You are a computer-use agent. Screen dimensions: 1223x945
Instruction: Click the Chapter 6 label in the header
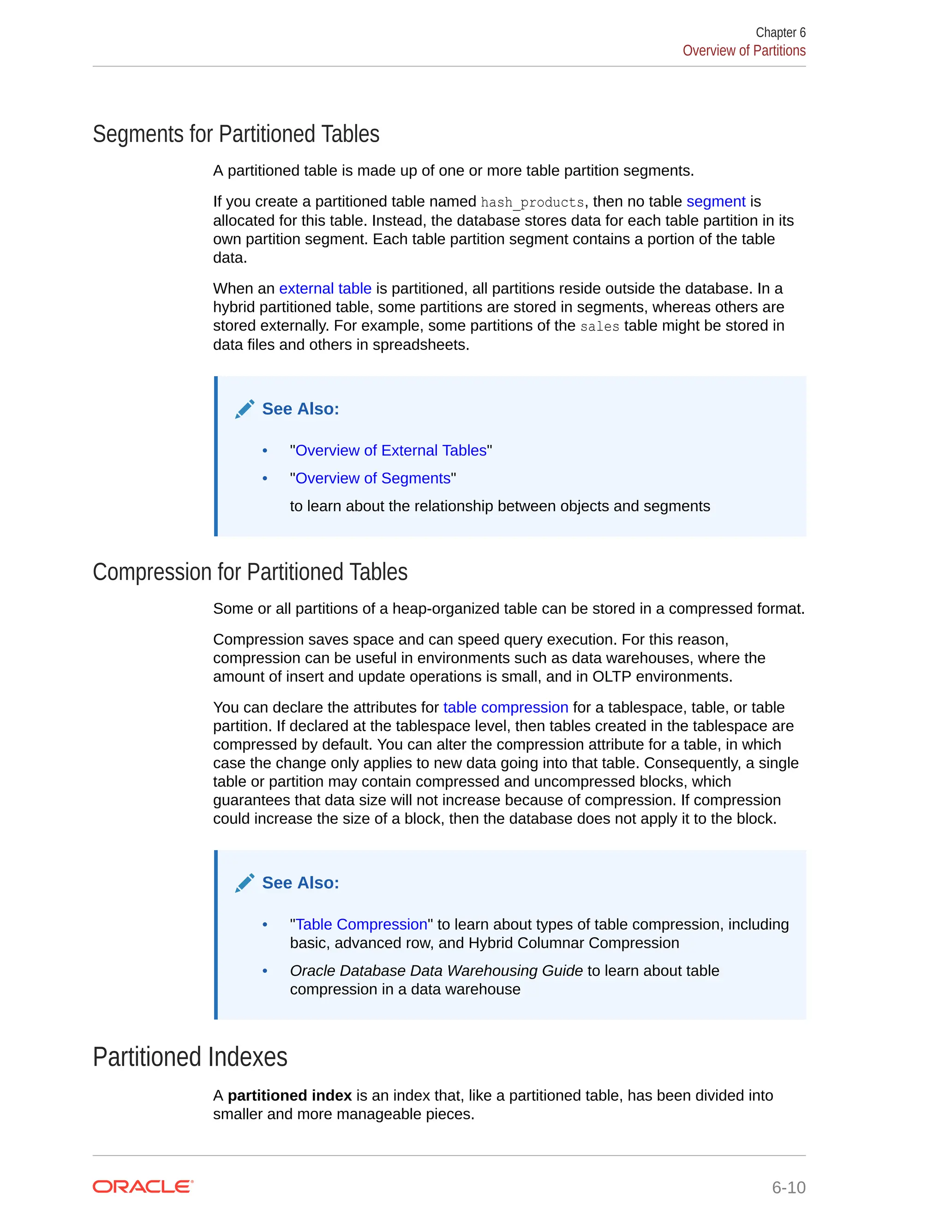point(780,32)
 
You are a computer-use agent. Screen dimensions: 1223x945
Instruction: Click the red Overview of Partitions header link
point(743,51)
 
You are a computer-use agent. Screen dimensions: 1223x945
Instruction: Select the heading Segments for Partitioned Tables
point(236,134)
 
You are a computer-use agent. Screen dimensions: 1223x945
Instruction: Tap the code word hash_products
point(532,202)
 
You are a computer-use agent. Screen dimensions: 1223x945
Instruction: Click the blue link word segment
point(716,202)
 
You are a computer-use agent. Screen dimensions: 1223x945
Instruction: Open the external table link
point(325,288)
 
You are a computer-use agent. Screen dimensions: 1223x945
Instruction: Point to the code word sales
point(599,326)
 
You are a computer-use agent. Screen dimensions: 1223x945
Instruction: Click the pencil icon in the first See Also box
point(245,409)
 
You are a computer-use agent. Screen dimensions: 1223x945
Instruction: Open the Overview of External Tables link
point(391,450)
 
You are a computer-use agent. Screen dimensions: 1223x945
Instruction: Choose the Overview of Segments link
point(372,478)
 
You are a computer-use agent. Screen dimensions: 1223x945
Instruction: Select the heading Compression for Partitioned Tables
point(250,572)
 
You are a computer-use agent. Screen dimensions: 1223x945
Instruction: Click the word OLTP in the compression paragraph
point(611,677)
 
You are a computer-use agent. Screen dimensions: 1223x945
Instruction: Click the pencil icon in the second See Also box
point(245,882)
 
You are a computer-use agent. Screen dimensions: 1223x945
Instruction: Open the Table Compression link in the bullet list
point(361,924)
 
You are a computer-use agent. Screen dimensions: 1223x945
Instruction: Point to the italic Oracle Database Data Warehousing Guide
point(436,971)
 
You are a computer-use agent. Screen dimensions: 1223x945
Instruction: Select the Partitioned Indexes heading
point(190,1057)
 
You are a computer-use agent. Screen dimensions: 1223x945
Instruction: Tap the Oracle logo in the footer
point(143,1187)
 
